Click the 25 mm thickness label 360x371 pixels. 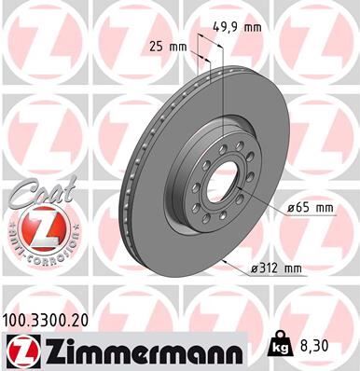pos(169,45)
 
